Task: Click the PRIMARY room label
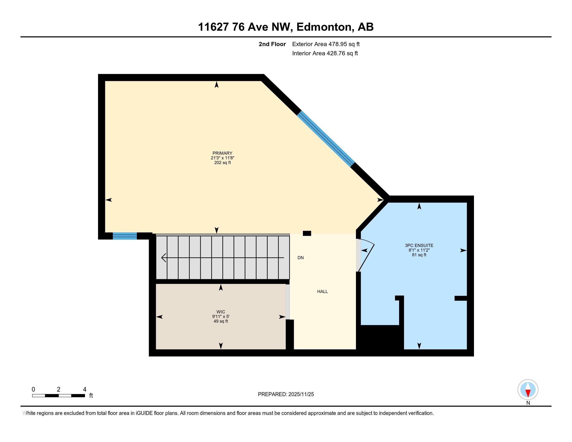pyautogui.click(x=222, y=153)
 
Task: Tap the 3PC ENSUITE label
pyautogui.click(x=419, y=245)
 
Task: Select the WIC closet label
pyautogui.click(x=220, y=312)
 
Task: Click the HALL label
pyautogui.click(x=322, y=291)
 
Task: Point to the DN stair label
pyautogui.click(x=300, y=258)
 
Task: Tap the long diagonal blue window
pyautogui.click(x=326, y=139)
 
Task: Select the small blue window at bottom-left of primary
pyautogui.click(x=125, y=236)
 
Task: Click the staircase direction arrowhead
pyautogui.click(x=164, y=258)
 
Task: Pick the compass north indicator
pyautogui.click(x=528, y=390)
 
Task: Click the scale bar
pyautogui.click(x=58, y=395)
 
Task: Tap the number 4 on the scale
pyautogui.click(x=84, y=389)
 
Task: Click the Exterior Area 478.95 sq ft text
pyautogui.click(x=326, y=44)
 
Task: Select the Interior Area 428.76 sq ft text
pyautogui.click(x=325, y=53)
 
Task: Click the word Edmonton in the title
pyautogui.click(x=324, y=27)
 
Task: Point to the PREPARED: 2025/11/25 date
pyautogui.click(x=286, y=394)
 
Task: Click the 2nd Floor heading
pyautogui.click(x=272, y=44)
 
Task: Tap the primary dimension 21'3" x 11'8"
pyautogui.click(x=222, y=158)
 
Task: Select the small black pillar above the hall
pyautogui.click(x=307, y=233)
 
